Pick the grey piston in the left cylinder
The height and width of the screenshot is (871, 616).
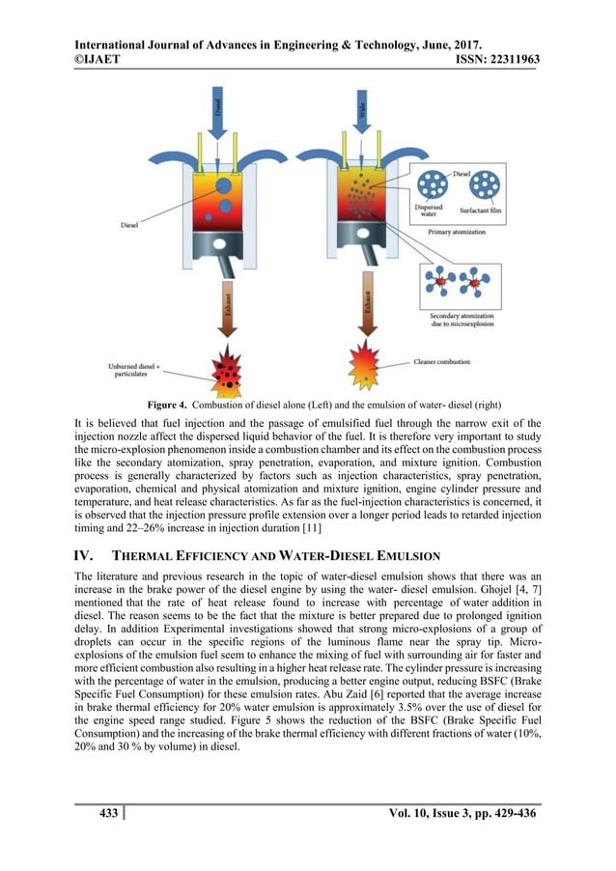pyautogui.click(x=224, y=243)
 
